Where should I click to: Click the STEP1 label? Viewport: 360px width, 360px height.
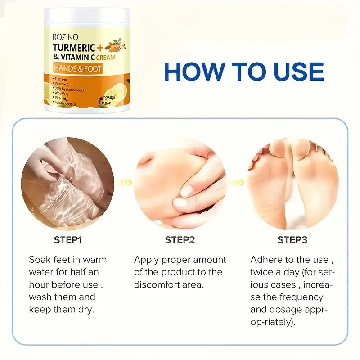[x=68, y=240]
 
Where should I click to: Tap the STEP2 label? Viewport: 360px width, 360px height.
[x=180, y=240]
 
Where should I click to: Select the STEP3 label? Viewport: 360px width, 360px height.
[x=292, y=240]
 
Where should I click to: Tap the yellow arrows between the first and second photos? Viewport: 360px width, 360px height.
[x=127, y=182]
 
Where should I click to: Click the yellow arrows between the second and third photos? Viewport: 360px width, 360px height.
[x=237, y=182]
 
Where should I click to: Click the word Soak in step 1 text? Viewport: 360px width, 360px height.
[x=39, y=260]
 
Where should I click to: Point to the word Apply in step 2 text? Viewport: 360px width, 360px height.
[x=147, y=260]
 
